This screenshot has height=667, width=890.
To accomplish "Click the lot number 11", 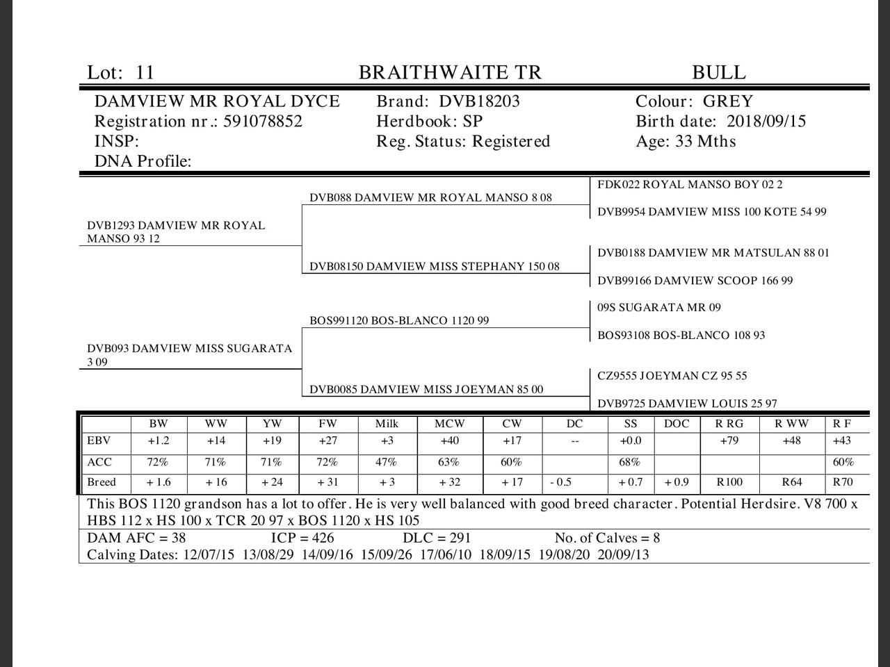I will pos(145,72).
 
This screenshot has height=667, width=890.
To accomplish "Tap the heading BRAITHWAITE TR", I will pos(449,72).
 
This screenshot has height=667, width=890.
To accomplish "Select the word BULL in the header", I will pos(718,72).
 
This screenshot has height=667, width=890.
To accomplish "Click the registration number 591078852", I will pos(263,122).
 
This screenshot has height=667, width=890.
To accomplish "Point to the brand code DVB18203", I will pos(479,101).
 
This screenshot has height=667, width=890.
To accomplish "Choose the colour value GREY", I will pos(728,101).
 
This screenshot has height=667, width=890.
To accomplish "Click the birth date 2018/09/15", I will pos(766,122).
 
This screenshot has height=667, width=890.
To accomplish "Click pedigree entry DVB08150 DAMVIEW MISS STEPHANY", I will pos(434,266).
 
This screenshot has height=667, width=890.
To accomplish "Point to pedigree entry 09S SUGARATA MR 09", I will pos(658,307).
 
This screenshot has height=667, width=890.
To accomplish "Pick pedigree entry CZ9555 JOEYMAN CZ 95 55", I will pos(672,376).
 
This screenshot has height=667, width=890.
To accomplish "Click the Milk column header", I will pos(387,423).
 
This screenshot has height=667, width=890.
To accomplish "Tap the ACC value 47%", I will pos(387,462).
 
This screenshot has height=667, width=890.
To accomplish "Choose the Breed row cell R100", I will pos(729,482).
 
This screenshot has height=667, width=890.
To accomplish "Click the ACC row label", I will pos(99,462).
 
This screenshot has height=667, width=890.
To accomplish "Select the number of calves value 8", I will pos(656,538).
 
